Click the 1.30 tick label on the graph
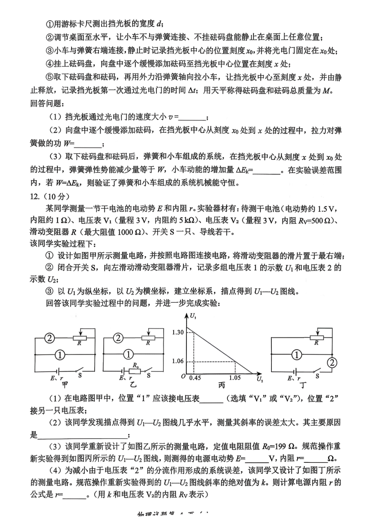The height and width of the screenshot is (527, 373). pos(178,332)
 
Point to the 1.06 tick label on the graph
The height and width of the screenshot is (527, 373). pos(178,361)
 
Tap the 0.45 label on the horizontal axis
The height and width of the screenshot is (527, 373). pos(195,378)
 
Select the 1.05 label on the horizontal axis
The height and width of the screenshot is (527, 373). pos(235,378)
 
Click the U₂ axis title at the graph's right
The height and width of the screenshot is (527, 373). pos(260,379)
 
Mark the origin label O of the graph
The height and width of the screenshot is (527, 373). pos(183,376)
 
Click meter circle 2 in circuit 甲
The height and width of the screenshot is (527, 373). pos(50,338)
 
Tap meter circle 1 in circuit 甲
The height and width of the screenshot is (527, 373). pos(60,354)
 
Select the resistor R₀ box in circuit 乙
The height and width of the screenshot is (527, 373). pos(135,371)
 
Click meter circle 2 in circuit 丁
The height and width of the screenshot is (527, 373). pos(332,362)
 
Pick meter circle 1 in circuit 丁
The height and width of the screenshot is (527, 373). pos(296,354)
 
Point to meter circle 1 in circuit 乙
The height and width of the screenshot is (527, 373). pos(128,354)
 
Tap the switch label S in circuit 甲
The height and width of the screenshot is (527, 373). pos(80,375)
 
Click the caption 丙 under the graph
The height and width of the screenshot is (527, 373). pos(221,385)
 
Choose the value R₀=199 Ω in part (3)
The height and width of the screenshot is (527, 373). pos(279,446)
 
